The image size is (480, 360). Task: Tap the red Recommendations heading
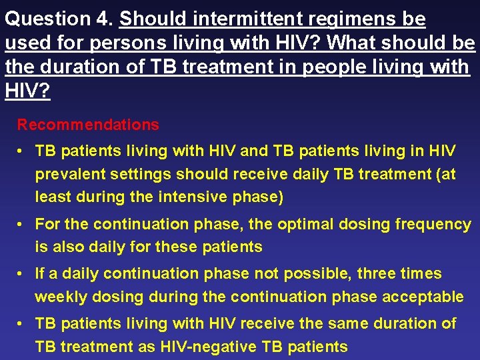tap(88, 125)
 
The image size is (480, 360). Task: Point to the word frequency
tap(433, 225)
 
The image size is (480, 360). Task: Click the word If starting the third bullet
tap(40, 273)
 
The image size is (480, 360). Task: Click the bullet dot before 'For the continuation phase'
tap(22, 225)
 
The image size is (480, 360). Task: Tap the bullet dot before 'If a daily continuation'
tap(22, 274)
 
